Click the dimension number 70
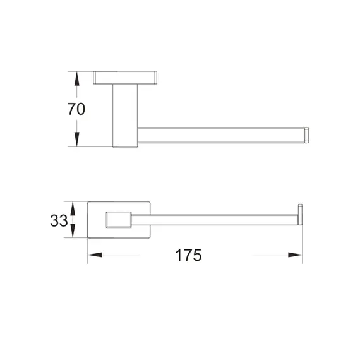point(76,109)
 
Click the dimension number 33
point(59,220)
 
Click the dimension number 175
point(188,255)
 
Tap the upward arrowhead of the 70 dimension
point(76,79)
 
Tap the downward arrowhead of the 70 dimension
point(76,139)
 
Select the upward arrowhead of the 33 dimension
point(73,208)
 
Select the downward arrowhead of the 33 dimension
point(73,231)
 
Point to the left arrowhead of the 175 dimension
point(95,255)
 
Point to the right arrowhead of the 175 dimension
point(295,255)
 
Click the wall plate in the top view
point(125,78)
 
